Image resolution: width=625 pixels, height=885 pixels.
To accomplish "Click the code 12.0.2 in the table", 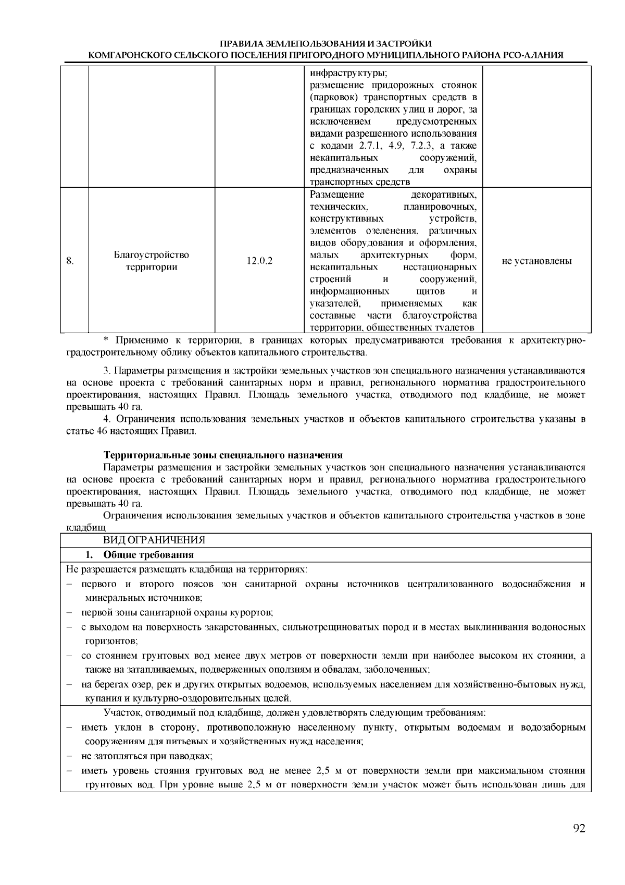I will point(259,261).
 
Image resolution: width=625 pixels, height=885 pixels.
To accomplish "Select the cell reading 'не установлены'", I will point(536,261).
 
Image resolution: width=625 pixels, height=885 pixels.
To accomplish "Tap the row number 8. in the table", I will point(70,261).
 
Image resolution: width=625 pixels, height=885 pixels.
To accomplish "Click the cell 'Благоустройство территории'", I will point(151,261).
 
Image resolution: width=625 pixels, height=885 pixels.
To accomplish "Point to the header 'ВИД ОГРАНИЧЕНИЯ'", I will point(154,540).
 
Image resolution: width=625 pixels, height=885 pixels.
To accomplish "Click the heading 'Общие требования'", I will point(148,554).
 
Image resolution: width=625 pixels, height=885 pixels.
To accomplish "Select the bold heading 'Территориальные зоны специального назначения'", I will point(223,455).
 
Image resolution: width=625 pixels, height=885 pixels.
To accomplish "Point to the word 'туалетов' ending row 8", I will point(456,328).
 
